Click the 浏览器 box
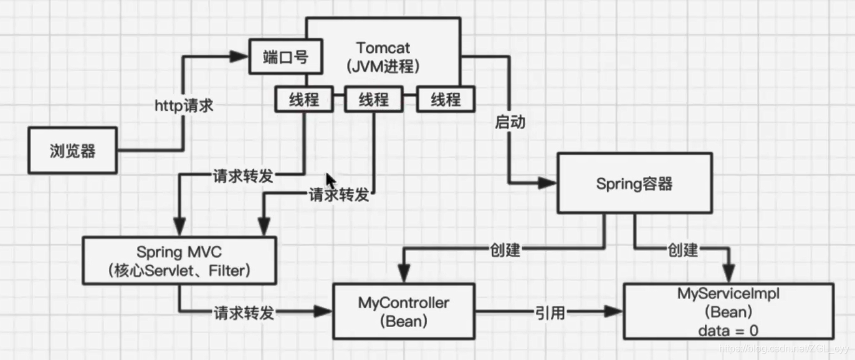coord(72,150)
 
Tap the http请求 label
coord(184,106)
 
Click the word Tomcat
coord(383,47)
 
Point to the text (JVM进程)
coord(383,66)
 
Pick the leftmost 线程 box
coord(304,99)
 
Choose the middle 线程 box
coord(375,99)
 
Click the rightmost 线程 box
coord(446,99)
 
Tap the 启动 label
coord(510,122)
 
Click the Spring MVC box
coord(179,261)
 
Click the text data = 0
coord(728,331)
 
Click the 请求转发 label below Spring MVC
coord(244,313)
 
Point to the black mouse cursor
coord(331,181)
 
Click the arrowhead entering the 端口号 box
coord(239,57)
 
